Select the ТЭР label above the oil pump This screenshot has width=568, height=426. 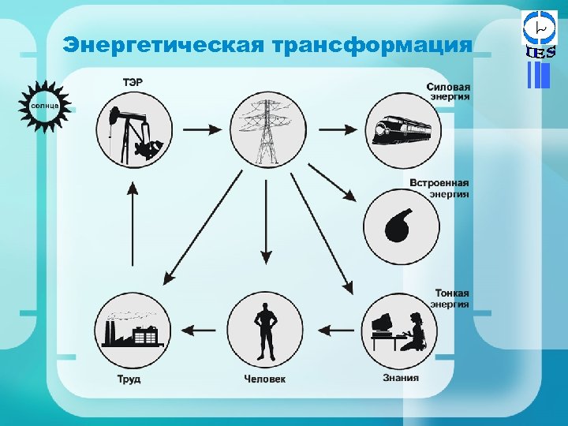133,81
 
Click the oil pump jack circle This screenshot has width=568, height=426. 133,129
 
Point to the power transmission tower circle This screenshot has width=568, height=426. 267,129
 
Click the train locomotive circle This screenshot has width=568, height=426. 401,129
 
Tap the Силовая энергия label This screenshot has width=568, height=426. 448,92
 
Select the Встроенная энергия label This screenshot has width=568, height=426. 439,188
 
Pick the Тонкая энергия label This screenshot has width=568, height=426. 452,298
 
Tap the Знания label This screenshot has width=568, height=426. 401,378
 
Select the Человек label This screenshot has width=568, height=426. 265,379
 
